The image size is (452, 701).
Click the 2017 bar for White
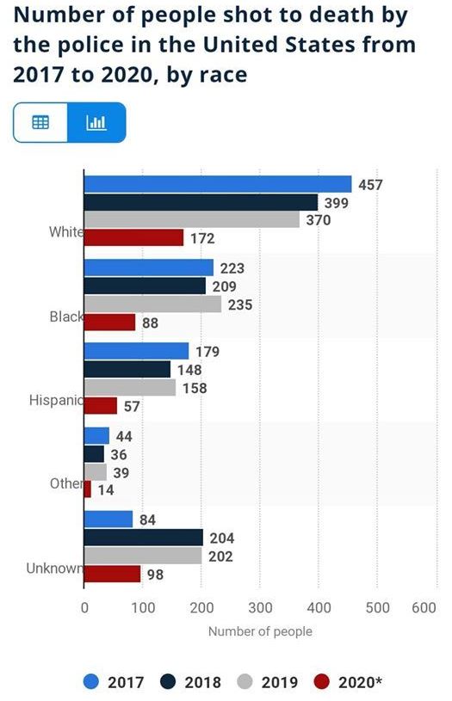(218, 184)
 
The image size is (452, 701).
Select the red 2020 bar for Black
(109, 323)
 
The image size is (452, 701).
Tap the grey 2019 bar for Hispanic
(130, 388)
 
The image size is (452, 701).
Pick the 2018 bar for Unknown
(144, 538)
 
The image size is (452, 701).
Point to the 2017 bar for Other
(96, 436)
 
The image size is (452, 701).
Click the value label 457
(370, 185)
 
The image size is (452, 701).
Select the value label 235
(240, 304)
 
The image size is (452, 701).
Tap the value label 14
(106, 490)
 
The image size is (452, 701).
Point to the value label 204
(222, 538)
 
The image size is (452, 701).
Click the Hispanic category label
(56, 400)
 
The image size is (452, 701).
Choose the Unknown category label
(54, 569)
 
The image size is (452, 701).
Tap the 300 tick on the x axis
(260, 607)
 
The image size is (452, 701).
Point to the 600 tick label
(424, 607)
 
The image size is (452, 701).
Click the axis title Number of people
(260, 631)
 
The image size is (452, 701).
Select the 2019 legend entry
(268, 682)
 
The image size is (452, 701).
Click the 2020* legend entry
(348, 682)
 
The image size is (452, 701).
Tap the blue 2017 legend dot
(91, 682)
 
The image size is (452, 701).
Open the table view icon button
(40, 122)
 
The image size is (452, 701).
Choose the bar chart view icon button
(96, 122)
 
